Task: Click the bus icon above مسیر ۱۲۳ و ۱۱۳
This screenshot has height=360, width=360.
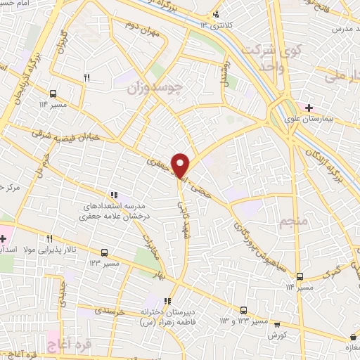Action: [243, 309]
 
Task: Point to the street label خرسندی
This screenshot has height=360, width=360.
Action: [111, 310]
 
